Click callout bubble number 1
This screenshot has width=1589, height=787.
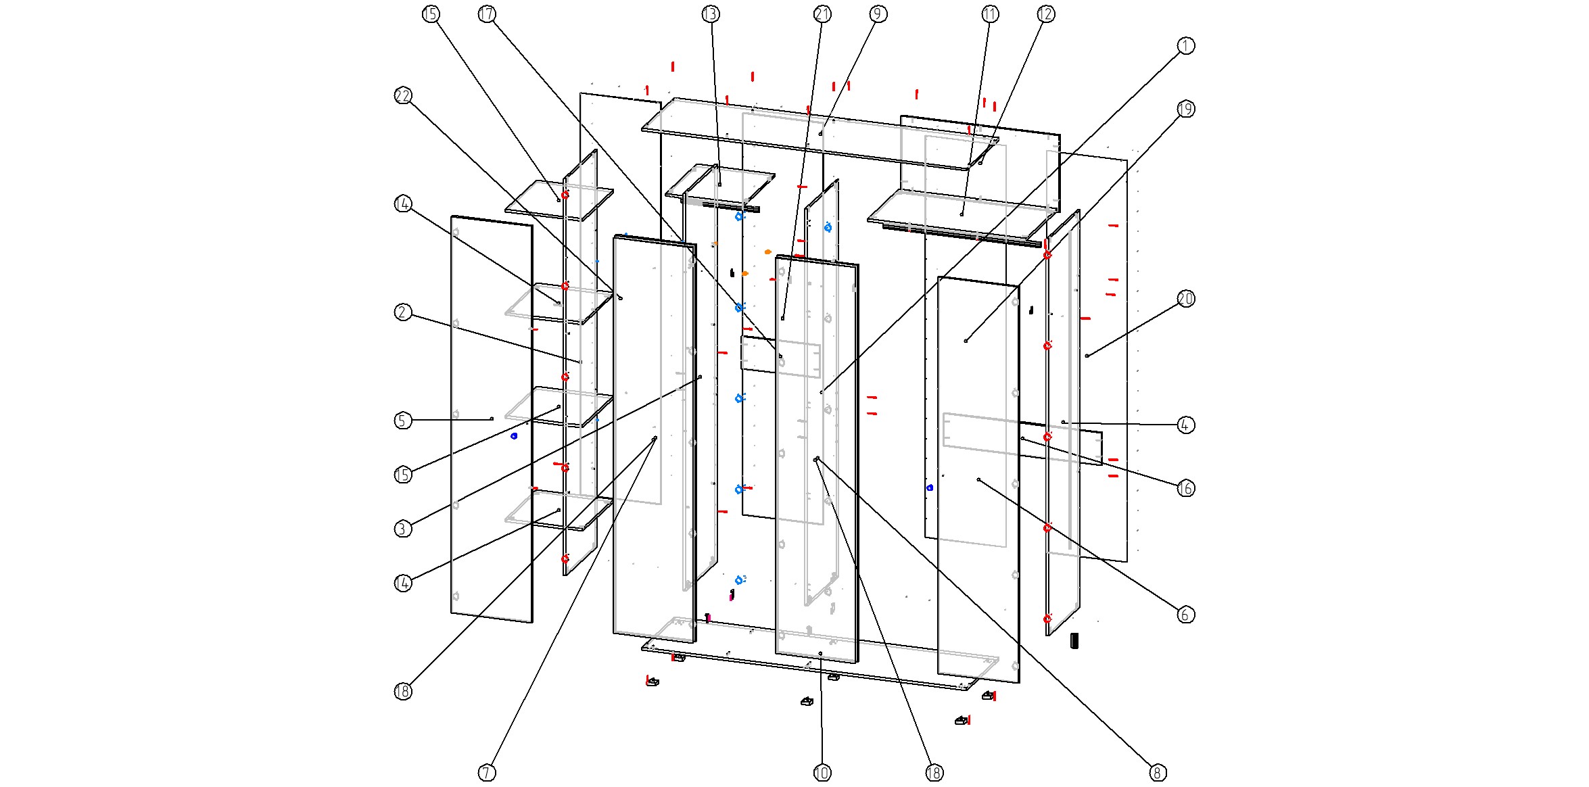(1185, 46)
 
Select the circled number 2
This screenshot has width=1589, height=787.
(403, 312)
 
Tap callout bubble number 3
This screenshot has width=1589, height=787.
(403, 528)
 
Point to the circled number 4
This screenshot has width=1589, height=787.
(1185, 425)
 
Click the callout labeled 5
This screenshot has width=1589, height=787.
(403, 421)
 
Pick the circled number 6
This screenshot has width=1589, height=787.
(1185, 614)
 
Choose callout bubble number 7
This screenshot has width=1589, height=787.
(487, 772)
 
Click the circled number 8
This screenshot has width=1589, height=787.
(1157, 772)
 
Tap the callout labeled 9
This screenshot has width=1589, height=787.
(877, 14)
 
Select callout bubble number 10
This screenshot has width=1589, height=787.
(822, 772)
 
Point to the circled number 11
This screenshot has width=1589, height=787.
(990, 14)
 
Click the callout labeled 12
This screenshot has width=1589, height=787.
(1045, 14)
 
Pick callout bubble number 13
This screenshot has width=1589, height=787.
(710, 14)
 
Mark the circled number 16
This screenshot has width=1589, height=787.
(1185, 488)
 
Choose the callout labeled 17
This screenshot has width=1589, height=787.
(487, 14)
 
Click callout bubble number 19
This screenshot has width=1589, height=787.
(1185, 109)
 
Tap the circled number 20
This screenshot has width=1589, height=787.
(1185, 299)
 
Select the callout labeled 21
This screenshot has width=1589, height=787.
(822, 14)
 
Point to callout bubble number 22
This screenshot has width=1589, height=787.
(403, 96)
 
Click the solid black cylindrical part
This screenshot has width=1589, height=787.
(1074, 640)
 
